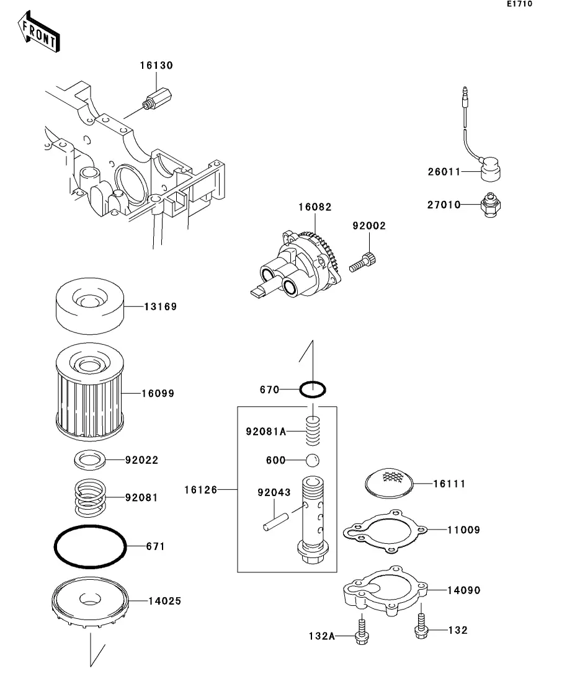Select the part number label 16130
[156, 66]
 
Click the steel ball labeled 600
[312, 460]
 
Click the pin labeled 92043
[276, 522]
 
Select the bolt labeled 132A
[362, 629]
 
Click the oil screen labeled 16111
[389, 483]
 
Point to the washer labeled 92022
[90, 460]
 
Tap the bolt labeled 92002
[363, 262]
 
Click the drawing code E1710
[519, 4]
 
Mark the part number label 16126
[201, 490]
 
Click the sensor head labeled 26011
[491, 169]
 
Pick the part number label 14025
[164, 601]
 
